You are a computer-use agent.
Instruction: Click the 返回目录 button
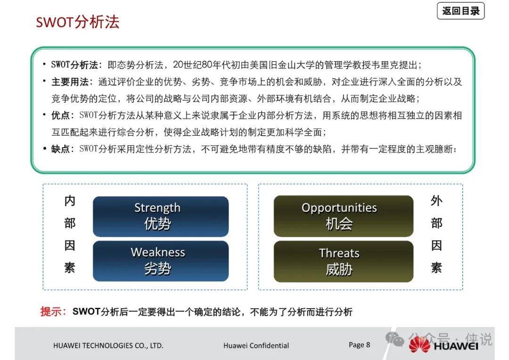coord(460,11)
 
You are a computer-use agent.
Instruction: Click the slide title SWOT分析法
coord(78,22)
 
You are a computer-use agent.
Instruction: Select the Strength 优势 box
coord(161,217)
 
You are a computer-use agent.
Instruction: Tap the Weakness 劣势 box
coord(161,261)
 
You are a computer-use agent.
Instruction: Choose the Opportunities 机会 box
coord(344,216)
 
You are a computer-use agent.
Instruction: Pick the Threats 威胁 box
coord(344,262)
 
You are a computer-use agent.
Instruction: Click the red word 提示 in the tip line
coord(51,311)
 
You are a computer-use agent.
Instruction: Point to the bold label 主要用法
coord(70,82)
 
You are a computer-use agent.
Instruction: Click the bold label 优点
coord(60,115)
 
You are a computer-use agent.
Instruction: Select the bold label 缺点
coord(60,149)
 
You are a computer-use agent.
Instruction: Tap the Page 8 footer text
coord(359,345)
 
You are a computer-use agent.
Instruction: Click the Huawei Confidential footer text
coord(256,346)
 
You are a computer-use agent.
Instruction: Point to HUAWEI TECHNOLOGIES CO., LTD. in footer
coord(108,346)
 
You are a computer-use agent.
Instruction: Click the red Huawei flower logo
coord(419,344)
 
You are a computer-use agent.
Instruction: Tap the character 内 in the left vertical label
coord(70,201)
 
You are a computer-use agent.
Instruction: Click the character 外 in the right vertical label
coord(436,201)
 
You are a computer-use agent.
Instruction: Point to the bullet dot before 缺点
coord(44,149)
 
